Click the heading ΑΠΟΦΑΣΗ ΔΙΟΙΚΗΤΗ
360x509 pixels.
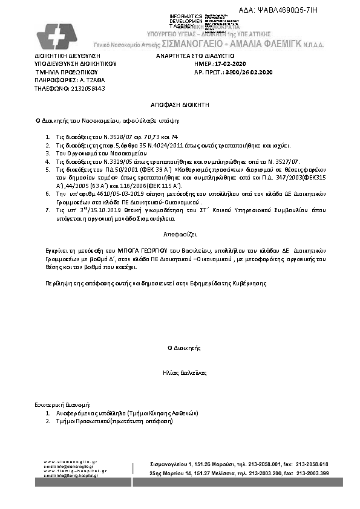(x=180, y=105)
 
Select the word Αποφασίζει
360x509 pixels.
(x=180, y=233)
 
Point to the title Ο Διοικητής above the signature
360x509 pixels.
(x=180, y=348)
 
